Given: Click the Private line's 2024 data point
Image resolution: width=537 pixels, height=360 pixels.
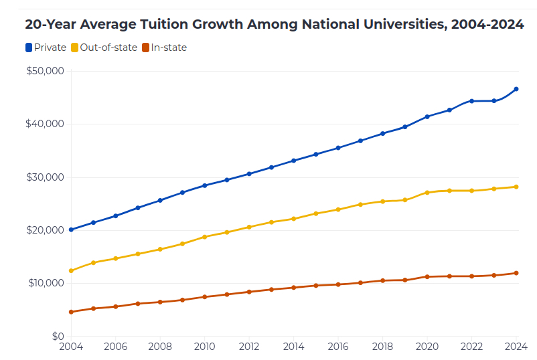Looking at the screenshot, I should point(516,89).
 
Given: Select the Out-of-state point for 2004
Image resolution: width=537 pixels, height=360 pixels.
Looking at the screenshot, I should point(71,271).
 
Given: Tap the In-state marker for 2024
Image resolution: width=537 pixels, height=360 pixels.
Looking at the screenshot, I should point(516,273).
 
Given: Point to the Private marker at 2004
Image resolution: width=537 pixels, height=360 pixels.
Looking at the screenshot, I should point(71,230).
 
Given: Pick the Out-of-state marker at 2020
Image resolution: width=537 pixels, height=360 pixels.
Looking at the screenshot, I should point(427,193).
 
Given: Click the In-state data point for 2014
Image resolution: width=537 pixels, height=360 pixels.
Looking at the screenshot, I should point(293,288).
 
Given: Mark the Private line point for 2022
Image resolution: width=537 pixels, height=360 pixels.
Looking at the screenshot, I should point(471,101).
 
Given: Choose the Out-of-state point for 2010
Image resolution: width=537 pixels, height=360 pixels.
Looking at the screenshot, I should point(204,237).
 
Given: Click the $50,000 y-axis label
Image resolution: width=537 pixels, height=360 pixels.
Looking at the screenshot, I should point(45,71).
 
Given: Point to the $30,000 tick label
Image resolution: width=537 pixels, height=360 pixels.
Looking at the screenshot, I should point(45,177).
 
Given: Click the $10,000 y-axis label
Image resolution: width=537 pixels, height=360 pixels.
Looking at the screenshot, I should point(45,283).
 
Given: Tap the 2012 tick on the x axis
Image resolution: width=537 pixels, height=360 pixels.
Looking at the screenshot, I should point(249,347).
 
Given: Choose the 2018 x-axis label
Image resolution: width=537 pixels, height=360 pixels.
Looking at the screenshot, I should point(382,347).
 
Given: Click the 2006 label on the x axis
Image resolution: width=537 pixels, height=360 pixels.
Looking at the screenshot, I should point(115,347).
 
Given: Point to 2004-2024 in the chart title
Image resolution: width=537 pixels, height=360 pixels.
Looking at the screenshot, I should point(487,25).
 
